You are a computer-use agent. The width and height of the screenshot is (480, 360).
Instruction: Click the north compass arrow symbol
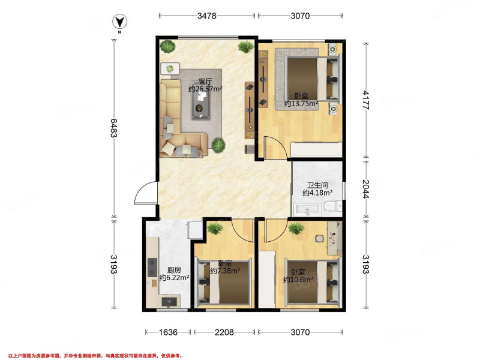119,22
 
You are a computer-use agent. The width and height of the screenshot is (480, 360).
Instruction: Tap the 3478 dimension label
206,16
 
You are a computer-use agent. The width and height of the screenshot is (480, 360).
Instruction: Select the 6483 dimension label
113,128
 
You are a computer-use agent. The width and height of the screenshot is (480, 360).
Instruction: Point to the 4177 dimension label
366,100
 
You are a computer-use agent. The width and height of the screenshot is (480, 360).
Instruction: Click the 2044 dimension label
366,189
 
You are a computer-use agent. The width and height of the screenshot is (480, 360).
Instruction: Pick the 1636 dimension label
168,332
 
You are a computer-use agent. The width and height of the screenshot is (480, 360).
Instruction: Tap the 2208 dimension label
224,332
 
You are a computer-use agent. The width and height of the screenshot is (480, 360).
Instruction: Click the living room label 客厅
205,82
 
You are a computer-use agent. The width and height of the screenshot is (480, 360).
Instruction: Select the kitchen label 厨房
174,271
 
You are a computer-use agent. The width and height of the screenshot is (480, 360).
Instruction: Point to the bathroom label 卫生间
317,185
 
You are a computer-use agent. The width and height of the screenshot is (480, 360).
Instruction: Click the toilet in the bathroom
332,207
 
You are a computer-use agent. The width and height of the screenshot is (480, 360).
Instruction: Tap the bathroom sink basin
308,210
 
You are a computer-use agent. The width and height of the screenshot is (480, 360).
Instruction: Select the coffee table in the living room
201,100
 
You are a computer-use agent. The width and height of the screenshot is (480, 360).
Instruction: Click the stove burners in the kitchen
152,267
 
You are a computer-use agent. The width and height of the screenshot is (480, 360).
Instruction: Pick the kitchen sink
169,302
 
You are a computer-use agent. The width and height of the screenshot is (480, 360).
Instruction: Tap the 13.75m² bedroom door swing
275,147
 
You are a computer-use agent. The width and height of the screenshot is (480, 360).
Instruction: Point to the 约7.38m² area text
225,271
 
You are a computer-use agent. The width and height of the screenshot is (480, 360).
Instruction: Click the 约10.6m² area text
298,279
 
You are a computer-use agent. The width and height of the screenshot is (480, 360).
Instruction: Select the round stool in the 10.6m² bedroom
319,238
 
